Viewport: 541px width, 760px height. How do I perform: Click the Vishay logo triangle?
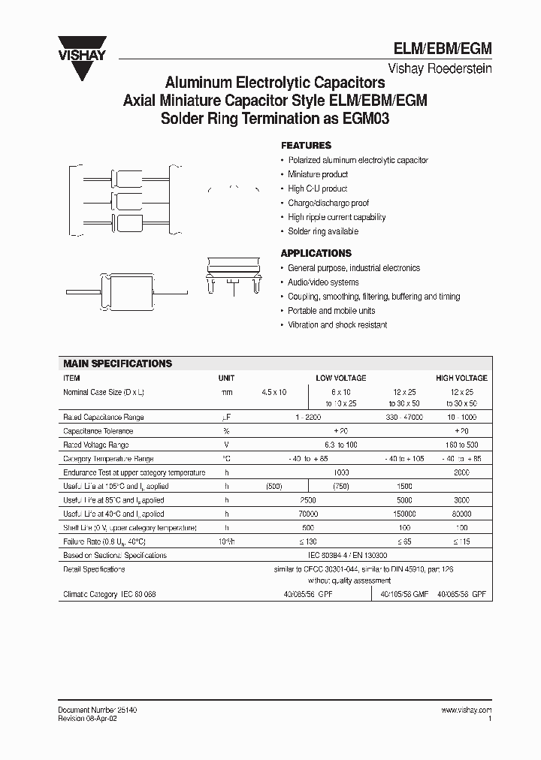[x=89, y=64]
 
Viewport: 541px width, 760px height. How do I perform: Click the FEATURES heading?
[x=306, y=146]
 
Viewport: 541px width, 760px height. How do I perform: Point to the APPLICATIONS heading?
[x=316, y=253]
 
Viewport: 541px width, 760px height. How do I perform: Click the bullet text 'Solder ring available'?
[x=323, y=231]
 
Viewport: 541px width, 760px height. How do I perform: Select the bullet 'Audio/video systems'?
[x=323, y=282]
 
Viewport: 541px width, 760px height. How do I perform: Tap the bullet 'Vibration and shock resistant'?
[x=337, y=325]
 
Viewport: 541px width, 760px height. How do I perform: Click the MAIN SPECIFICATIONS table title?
[x=117, y=363]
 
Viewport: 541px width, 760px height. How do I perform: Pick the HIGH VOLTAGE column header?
[x=461, y=378]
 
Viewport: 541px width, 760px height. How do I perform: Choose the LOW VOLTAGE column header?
[x=341, y=378]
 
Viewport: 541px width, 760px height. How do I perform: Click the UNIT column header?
[x=226, y=378]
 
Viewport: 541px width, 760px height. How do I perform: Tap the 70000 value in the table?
[x=308, y=514]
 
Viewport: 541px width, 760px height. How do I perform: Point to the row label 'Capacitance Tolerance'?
[x=98, y=432]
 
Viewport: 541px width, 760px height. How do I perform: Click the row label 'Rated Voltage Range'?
[x=95, y=445]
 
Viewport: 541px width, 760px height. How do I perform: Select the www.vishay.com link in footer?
[x=466, y=710]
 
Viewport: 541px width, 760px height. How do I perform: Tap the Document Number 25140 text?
[x=97, y=710]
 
